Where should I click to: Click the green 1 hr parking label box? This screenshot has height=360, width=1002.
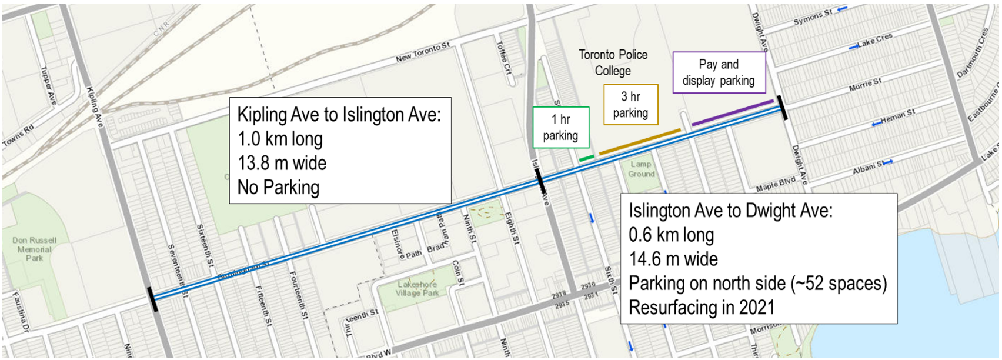[x=560, y=127]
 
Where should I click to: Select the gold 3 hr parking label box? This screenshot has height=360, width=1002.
[x=630, y=105]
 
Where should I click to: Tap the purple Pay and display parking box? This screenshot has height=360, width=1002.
[x=719, y=72]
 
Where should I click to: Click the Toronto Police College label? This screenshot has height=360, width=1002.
[x=613, y=62]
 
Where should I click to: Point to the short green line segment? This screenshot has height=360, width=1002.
[x=586, y=158]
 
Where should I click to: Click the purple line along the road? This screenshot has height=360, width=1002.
[x=732, y=112]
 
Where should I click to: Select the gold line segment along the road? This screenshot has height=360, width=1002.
[x=640, y=142]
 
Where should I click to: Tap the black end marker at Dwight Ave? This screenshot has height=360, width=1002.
[x=782, y=107]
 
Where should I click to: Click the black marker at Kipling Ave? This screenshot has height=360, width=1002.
[x=153, y=299]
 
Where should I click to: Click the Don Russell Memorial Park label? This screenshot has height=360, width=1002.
[x=34, y=249]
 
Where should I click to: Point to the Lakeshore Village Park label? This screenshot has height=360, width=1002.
[x=417, y=288]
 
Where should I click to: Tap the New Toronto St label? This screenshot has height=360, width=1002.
[x=422, y=52]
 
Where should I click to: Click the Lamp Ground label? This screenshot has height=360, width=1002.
[x=641, y=169]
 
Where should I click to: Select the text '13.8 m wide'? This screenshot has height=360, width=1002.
[x=282, y=163]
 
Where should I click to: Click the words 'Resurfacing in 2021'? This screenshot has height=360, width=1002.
[x=702, y=307]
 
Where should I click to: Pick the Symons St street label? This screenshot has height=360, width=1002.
[x=813, y=17]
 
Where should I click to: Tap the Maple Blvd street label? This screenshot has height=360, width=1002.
[x=776, y=184]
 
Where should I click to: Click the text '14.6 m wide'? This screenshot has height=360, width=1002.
[x=673, y=259]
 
